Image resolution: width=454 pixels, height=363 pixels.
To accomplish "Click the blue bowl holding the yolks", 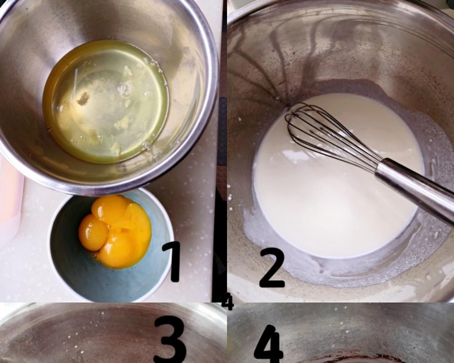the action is [x=111, y=245].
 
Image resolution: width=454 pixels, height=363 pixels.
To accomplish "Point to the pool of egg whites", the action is [x=106, y=101].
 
